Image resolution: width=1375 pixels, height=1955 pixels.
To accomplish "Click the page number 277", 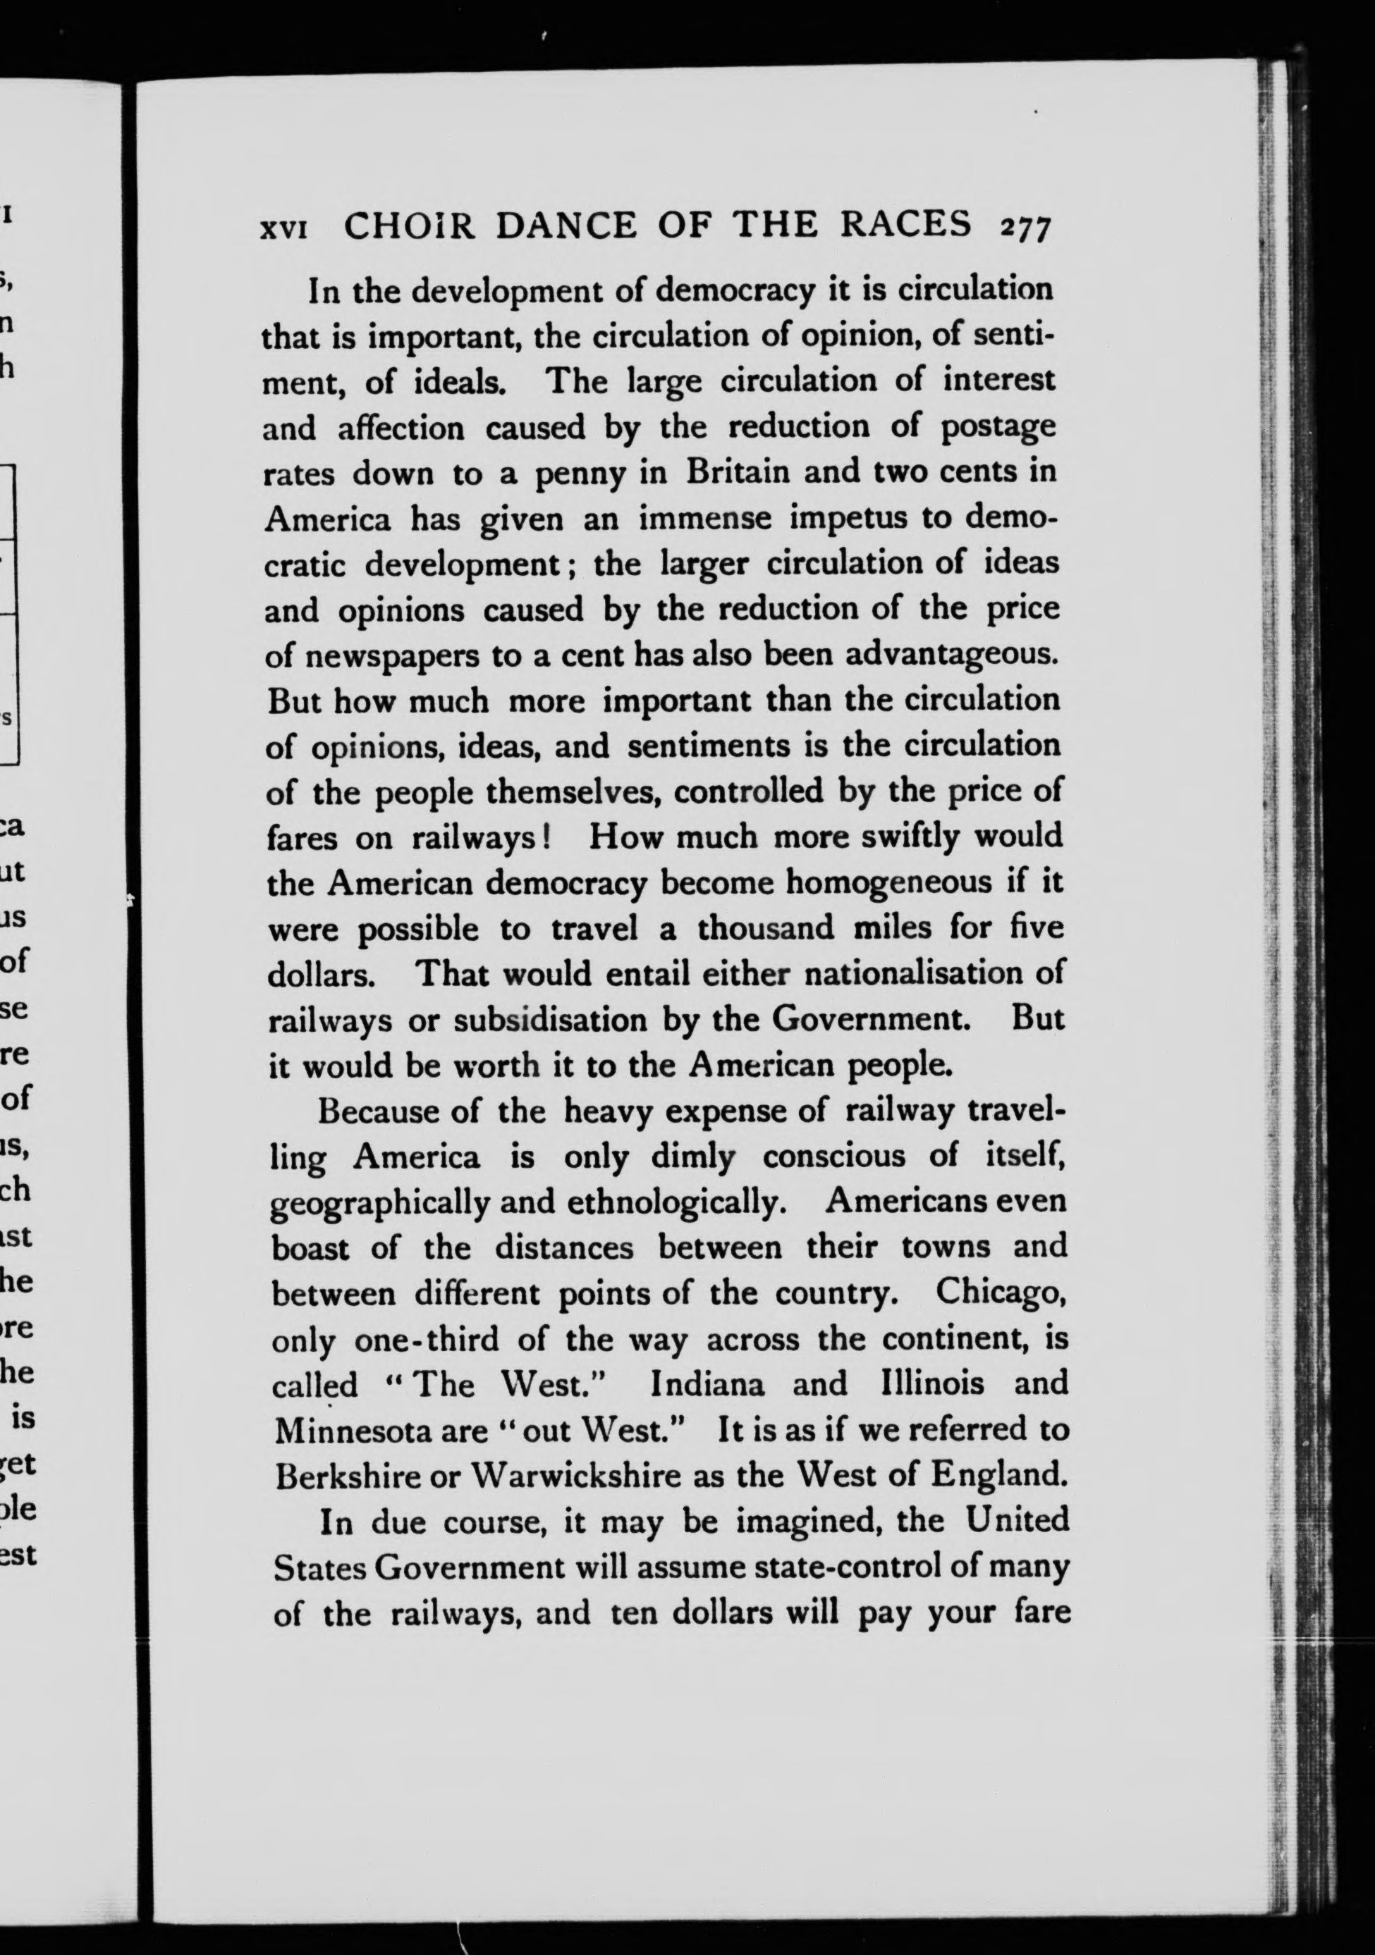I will (1028, 228).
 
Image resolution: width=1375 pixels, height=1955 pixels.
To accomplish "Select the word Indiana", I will (707, 1383).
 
